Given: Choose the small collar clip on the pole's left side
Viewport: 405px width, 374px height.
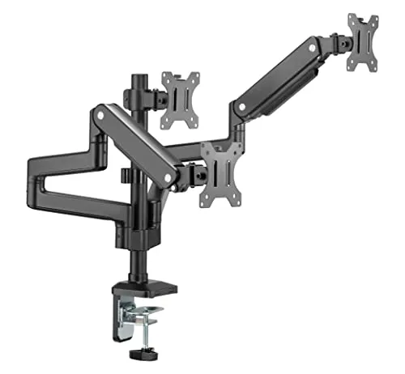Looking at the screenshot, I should (x=124, y=175).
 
